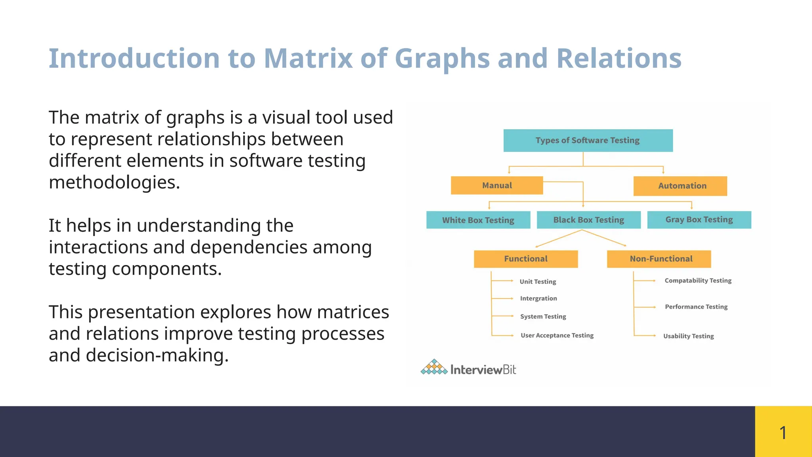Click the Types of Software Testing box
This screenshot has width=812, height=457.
click(588, 140)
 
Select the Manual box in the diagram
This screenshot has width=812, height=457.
click(497, 185)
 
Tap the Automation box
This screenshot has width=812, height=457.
click(680, 186)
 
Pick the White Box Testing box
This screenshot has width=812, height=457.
click(478, 220)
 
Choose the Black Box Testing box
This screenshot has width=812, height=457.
click(588, 220)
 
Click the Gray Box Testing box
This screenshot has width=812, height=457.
click(699, 219)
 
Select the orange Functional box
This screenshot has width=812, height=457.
click(526, 259)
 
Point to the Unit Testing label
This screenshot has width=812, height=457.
click(538, 281)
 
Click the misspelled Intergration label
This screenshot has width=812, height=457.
click(538, 298)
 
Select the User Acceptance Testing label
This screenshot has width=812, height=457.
click(557, 335)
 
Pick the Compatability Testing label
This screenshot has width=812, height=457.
click(698, 280)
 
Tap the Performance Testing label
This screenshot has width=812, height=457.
click(696, 307)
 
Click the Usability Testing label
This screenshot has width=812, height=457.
click(688, 336)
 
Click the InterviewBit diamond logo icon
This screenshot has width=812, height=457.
click(434, 367)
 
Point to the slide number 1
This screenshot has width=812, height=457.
click(783, 432)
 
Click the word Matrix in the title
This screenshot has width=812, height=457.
click(308, 59)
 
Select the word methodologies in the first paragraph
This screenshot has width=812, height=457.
click(114, 182)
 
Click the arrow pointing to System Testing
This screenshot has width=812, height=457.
click(503, 316)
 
